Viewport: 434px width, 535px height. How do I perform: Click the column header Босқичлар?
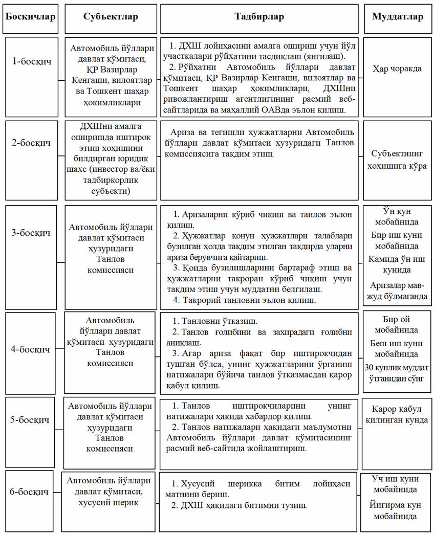[x=30, y=17]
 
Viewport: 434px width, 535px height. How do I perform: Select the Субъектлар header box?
[x=111, y=17]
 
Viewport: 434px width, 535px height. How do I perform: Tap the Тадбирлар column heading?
[x=259, y=17]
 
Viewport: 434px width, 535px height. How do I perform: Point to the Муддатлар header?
[x=397, y=17]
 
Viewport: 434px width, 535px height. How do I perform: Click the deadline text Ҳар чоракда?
[x=397, y=68]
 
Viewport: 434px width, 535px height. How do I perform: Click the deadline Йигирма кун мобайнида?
[x=397, y=510]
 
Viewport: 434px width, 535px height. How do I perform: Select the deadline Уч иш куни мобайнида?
[x=397, y=484]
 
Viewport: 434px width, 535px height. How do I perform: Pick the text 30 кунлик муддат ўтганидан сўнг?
[x=397, y=373]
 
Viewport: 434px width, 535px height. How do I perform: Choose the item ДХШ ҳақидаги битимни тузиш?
[x=238, y=506]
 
